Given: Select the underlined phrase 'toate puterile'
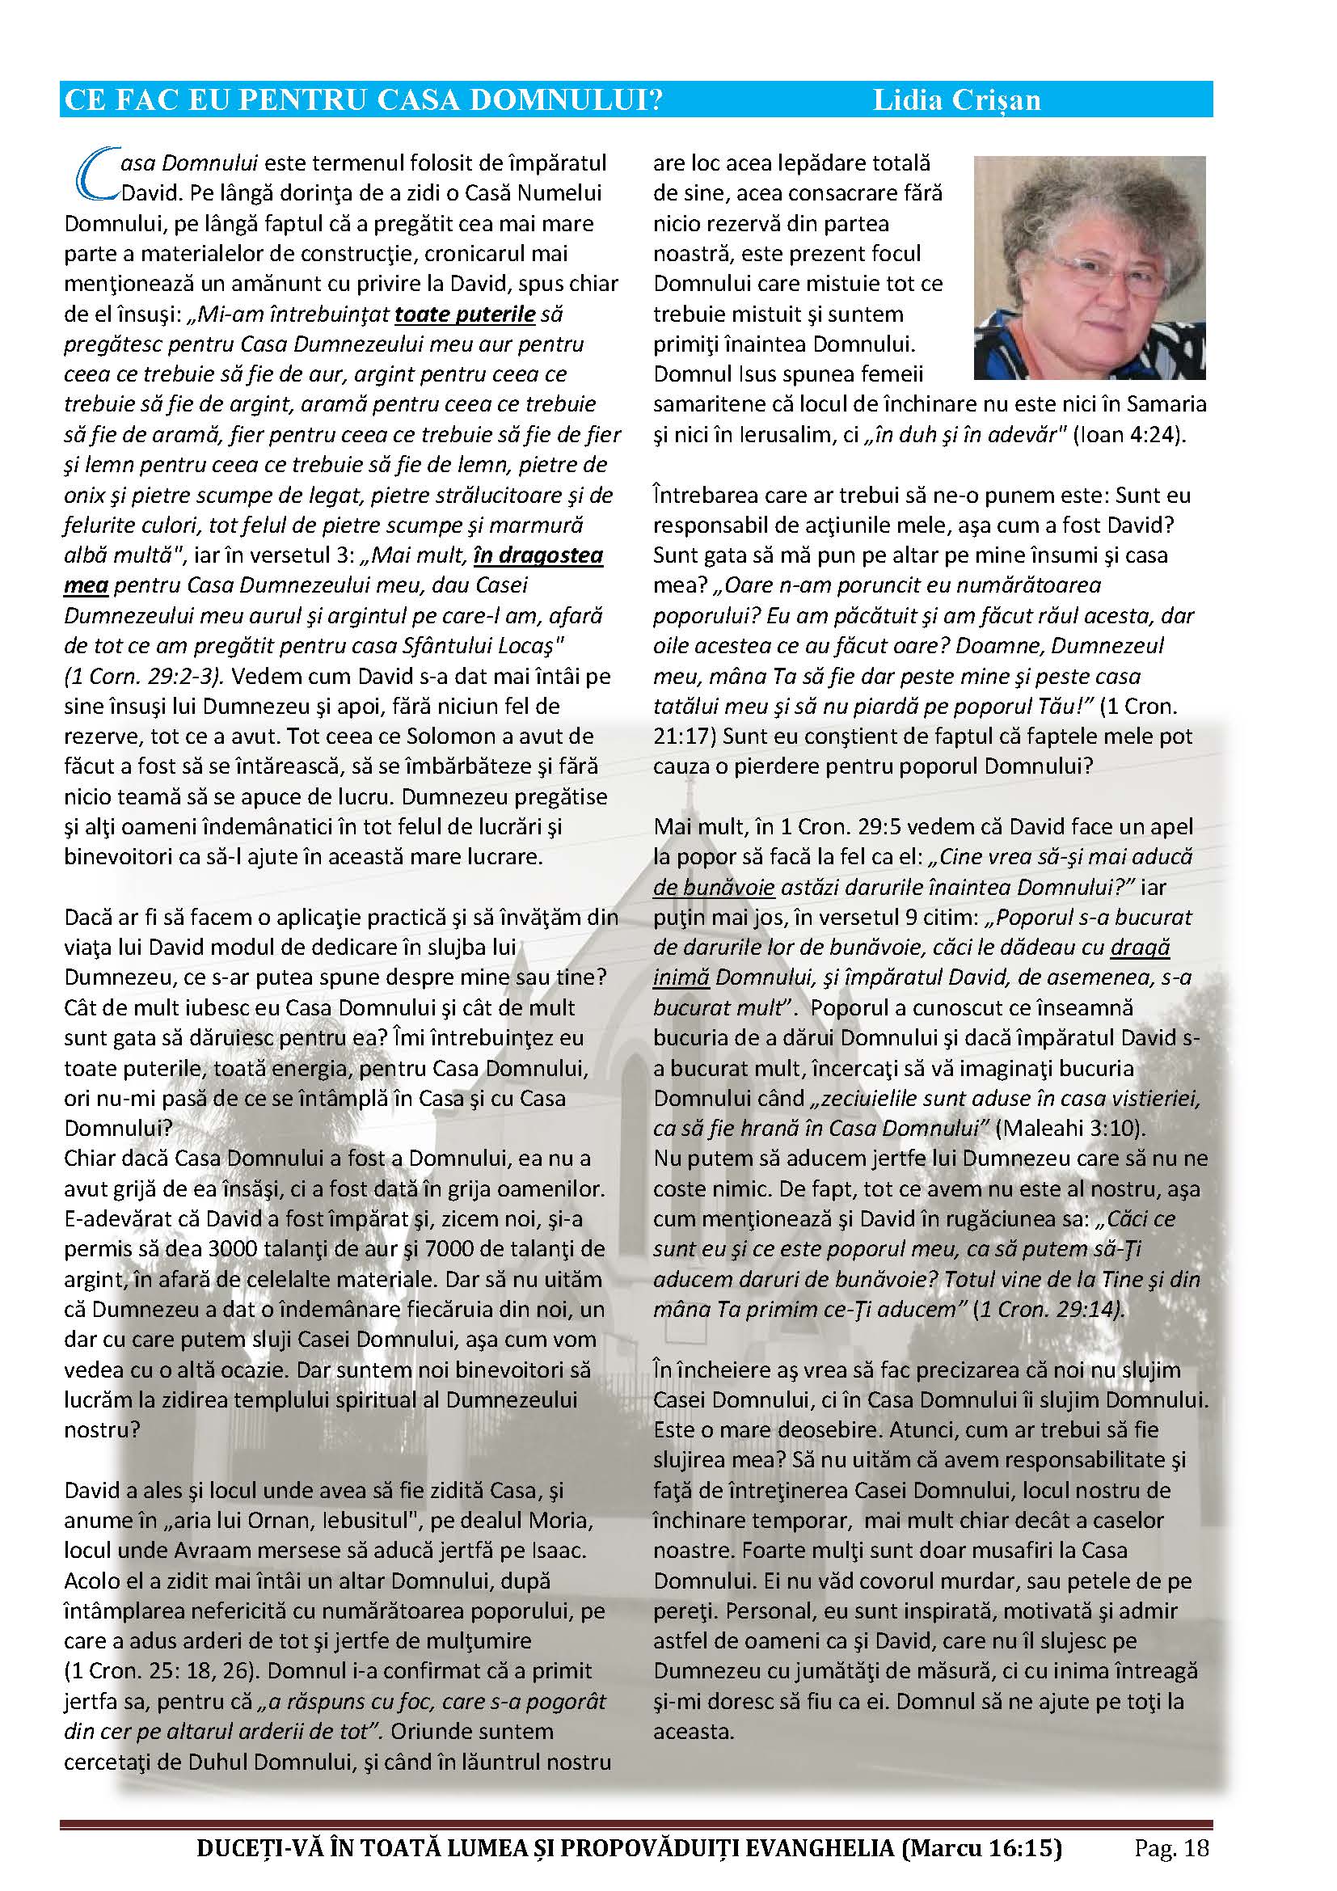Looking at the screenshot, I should (465, 314).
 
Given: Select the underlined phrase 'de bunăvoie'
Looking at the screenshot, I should (714, 887).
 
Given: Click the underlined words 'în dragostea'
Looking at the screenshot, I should (538, 555).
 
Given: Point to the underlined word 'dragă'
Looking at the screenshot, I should (1141, 948).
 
